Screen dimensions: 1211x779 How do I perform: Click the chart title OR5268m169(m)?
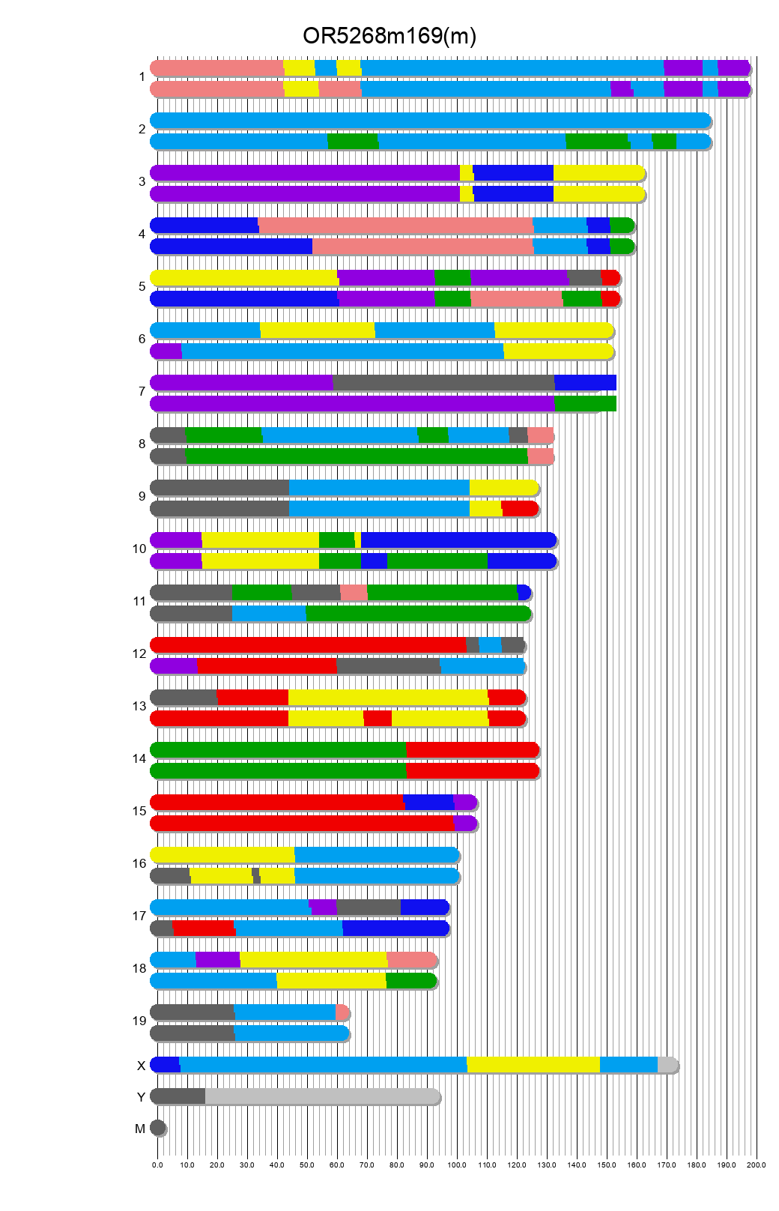coord(389,36)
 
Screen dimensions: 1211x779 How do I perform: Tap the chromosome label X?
coord(141,1066)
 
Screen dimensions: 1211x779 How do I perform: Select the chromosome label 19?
coord(139,1021)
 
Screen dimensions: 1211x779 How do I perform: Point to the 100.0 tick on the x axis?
coord(457,1165)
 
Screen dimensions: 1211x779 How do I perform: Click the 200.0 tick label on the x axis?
coord(757,1165)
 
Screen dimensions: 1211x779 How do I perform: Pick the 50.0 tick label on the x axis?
coord(307,1165)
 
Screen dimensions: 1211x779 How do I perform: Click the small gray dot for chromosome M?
coord(157,1128)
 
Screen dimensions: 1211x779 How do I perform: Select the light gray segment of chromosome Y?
coord(322,1096)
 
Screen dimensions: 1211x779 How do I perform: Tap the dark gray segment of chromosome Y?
coord(178,1096)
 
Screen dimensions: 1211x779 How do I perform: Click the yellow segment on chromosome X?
coord(533,1065)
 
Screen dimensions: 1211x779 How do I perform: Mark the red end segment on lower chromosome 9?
coord(519,509)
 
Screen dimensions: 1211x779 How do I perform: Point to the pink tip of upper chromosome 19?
coord(342,1012)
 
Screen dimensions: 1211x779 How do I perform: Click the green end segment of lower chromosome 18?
coord(410,981)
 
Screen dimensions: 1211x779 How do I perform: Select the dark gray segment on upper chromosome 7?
coord(443,383)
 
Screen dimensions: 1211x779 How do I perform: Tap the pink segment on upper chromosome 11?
coord(354,593)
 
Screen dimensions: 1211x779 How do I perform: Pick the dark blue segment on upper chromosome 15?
coord(429,803)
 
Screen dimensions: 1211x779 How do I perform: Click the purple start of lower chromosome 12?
coord(174,666)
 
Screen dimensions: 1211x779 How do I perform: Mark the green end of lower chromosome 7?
coord(585,404)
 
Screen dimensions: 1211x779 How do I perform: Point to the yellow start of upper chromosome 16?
coord(222,855)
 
